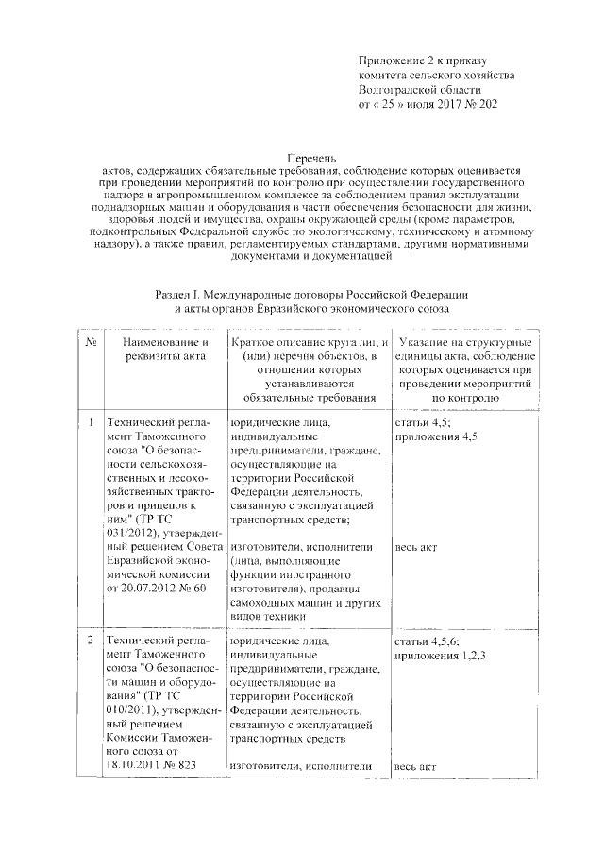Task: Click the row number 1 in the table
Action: pos(88,422)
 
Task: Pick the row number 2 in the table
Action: pos(88,641)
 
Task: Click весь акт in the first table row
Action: pos(416,547)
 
